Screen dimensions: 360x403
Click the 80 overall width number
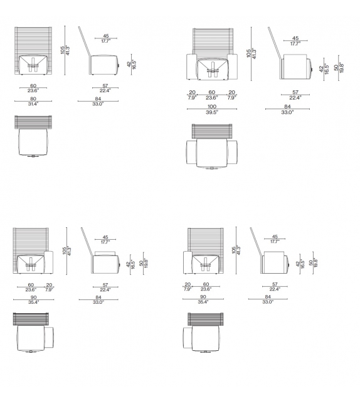[33, 99]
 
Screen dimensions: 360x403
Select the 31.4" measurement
[33, 104]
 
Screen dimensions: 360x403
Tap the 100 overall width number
[212, 107]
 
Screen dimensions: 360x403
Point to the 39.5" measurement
[212, 112]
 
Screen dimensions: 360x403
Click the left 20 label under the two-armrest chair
[192, 92]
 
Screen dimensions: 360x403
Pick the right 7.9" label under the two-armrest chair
[231, 98]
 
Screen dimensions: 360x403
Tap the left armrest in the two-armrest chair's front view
[191, 67]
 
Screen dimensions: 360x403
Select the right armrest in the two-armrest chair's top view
[232, 153]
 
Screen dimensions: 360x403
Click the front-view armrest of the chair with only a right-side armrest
[48, 262]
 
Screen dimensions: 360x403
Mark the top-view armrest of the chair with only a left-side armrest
[188, 338]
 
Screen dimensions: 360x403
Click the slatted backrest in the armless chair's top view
[33, 122]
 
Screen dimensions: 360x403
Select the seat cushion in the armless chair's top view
[33, 142]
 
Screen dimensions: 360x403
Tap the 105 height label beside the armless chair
[63, 50]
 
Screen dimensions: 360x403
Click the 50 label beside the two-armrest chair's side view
[336, 68]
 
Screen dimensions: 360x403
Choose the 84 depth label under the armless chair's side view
[98, 99]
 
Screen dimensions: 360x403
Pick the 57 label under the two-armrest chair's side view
[295, 92]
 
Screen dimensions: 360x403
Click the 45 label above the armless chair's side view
[106, 36]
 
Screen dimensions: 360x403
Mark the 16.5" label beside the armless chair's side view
[134, 64]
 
